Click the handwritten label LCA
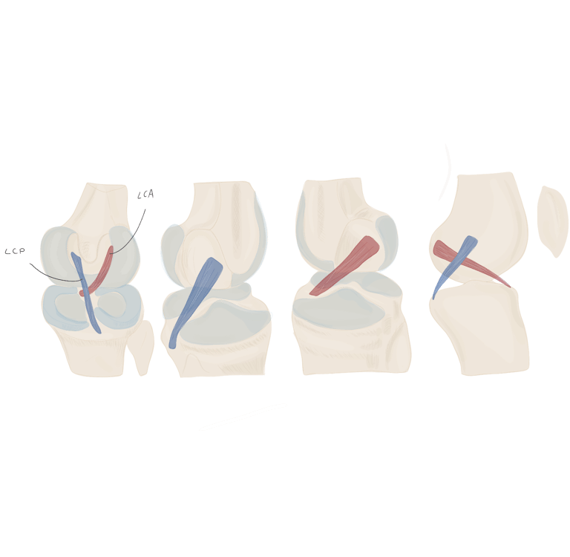145,195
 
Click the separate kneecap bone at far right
552,220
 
